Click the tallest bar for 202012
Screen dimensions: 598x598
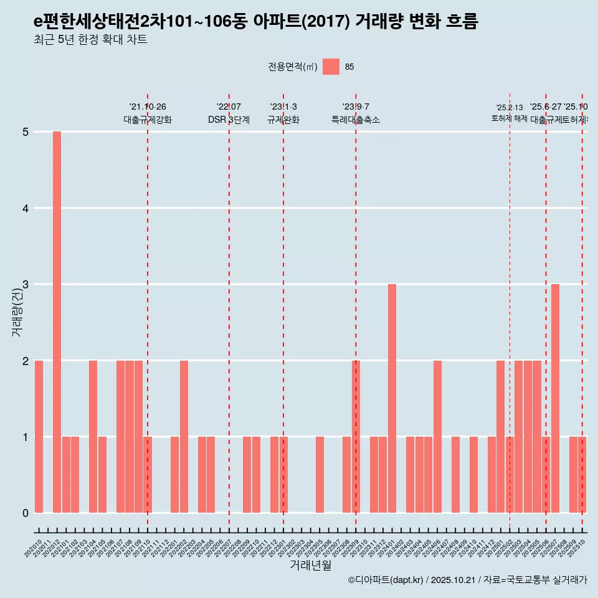click(x=57, y=322)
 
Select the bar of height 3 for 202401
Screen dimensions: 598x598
click(x=392, y=399)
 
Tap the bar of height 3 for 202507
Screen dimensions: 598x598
click(x=555, y=399)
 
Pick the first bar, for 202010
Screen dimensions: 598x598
click(x=39, y=437)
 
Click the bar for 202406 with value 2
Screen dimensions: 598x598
click(x=437, y=437)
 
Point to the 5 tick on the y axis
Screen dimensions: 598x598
click(x=26, y=132)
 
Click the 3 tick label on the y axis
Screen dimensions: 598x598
click(x=26, y=285)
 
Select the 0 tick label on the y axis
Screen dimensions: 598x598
click(x=26, y=513)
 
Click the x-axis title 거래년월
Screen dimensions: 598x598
click(x=310, y=565)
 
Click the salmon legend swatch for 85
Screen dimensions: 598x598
click(x=331, y=67)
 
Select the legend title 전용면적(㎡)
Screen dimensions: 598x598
click(x=292, y=67)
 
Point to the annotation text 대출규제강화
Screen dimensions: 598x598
click(x=148, y=120)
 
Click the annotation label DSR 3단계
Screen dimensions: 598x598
click(x=229, y=120)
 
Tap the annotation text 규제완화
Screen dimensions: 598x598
click(x=283, y=120)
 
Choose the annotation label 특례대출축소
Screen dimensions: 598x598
click(x=356, y=120)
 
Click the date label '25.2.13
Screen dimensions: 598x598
click(x=510, y=108)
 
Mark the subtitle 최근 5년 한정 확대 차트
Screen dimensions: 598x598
click(x=90, y=40)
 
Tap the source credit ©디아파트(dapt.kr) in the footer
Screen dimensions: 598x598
click(x=386, y=580)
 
